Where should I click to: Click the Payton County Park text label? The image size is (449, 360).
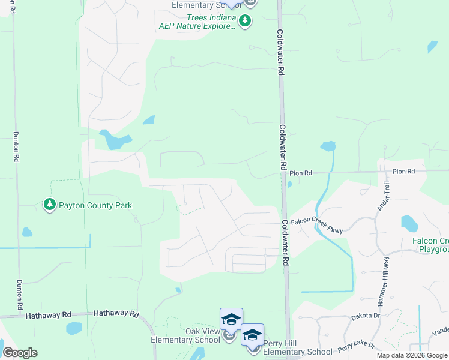tap(95, 205)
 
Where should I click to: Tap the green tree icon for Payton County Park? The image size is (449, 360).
tap(49, 205)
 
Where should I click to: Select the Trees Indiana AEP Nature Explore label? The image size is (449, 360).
tap(197, 22)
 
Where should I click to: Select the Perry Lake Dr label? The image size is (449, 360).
tap(356, 346)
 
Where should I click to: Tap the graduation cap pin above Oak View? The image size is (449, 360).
tap(231, 320)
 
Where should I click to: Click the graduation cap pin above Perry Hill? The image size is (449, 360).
tap(253, 335)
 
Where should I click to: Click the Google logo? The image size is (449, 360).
tap(20, 352)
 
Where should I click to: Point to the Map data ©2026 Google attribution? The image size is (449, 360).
tap(412, 355)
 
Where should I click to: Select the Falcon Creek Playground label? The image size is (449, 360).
tap(430, 245)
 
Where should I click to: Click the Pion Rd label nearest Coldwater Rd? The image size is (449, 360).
tap(301, 173)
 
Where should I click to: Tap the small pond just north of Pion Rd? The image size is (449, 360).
tap(328, 146)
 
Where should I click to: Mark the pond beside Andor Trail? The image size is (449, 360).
tap(409, 224)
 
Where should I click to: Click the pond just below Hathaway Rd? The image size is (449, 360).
tap(74, 328)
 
